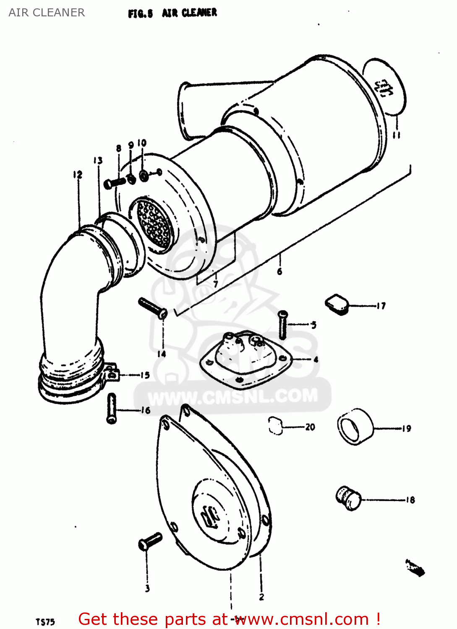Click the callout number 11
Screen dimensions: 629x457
tap(396, 135)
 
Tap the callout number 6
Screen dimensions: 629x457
tap(280, 271)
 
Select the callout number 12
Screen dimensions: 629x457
tap(78, 174)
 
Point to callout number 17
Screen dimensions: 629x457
tap(381, 306)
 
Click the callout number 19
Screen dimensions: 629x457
tap(406, 429)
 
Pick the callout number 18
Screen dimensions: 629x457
tap(410, 500)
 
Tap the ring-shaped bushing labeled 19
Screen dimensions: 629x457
tap(355, 426)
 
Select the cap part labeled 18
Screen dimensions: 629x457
tap(348, 498)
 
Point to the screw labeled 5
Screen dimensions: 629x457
tap(283, 325)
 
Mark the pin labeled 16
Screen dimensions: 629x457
tap(112, 408)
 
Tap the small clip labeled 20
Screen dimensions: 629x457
tap(275, 426)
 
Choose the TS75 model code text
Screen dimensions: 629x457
tap(45, 622)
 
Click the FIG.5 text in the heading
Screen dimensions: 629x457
tap(141, 14)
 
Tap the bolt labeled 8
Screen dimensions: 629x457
tap(115, 182)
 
